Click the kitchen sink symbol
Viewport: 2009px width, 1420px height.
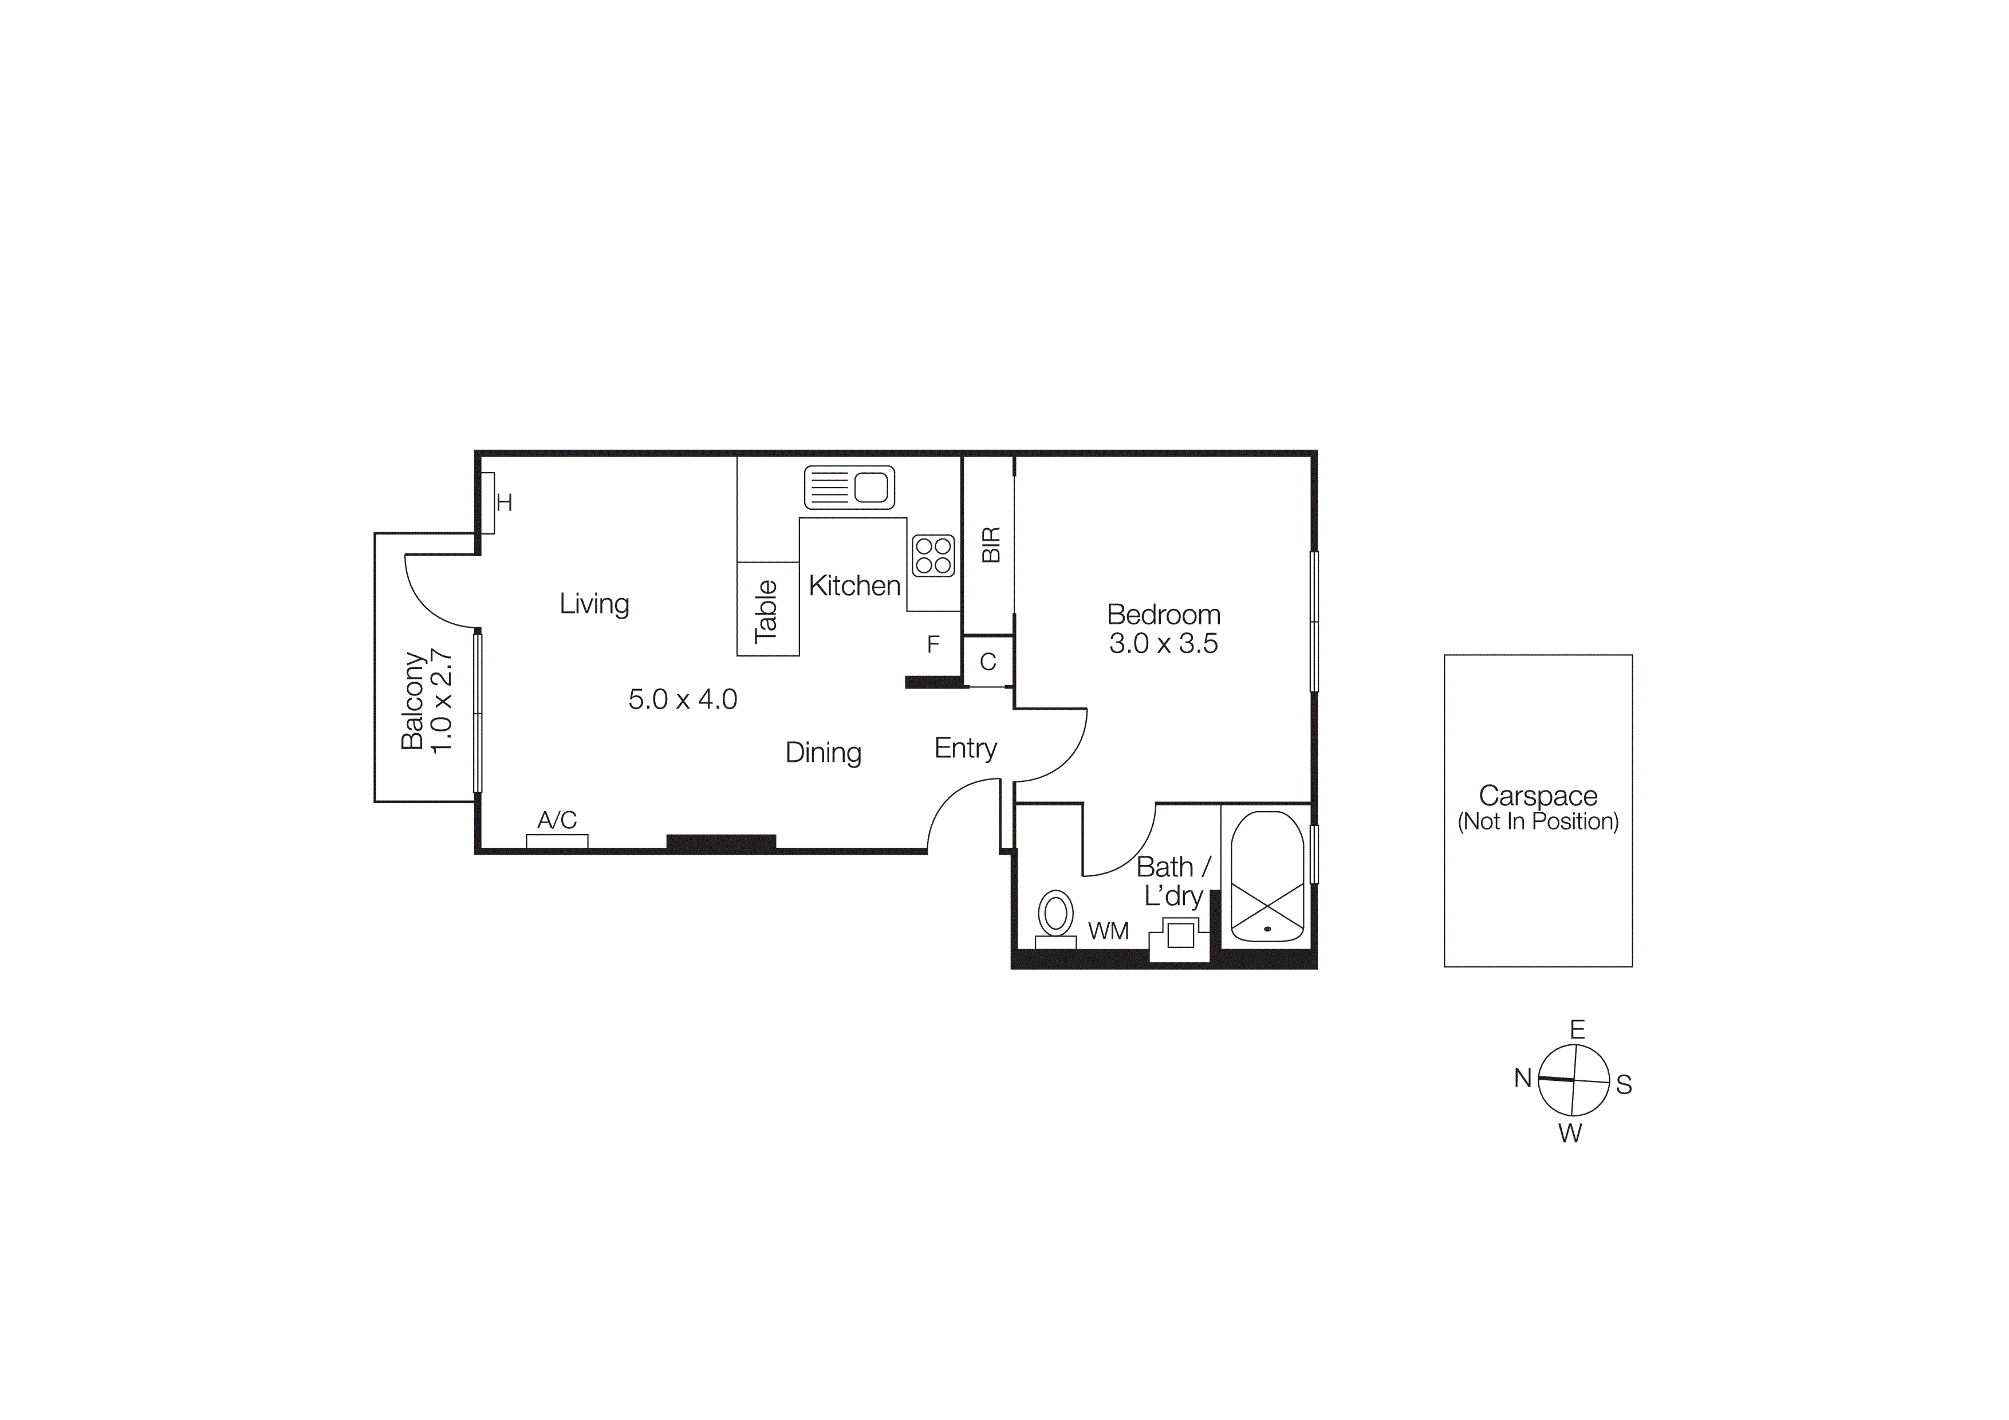pos(849,487)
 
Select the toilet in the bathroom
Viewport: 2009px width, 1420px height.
pos(1056,915)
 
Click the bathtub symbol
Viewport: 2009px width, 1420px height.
pos(1267,878)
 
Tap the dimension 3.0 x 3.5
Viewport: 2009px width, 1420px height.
pos(1164,644)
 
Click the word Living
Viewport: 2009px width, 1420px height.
pos(594,604)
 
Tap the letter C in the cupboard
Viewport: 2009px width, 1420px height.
pos(988,662)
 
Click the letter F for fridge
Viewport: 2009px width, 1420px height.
pos(933,645)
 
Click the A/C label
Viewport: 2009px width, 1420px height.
pos(557,820)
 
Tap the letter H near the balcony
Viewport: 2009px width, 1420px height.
pos(504,502)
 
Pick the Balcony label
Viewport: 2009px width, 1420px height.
pos(412,700)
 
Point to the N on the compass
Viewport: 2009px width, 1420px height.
pos(1523,1078)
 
